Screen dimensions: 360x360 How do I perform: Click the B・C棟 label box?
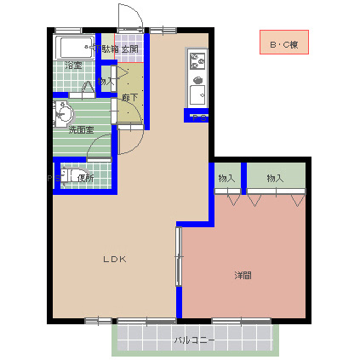[x=283, y=43]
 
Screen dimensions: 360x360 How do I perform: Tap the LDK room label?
[x=115, y=259]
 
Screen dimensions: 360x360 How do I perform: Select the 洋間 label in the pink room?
[x=243, y=275]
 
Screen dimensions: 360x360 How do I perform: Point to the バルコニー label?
[x=195, y=340]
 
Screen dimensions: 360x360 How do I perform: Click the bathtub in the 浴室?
[x=76, y=47]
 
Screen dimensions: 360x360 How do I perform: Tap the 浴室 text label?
[x=73, y=66]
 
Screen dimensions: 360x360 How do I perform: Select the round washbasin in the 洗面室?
[x=63, y=112]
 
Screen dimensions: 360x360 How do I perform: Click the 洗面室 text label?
[x=81, y=130]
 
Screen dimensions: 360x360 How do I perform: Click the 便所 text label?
[x=85, y=178]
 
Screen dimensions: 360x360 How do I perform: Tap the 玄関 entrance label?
[x=129, y=49]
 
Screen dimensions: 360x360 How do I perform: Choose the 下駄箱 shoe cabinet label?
[x=108, y=49]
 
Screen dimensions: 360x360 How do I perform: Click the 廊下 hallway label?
[x=129, y=98]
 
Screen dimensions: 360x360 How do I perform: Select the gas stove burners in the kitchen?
[x=197, y=61]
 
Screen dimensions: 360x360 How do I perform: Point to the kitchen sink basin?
[x=197, y=91]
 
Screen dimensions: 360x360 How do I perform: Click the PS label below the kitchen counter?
[x=197, y=115]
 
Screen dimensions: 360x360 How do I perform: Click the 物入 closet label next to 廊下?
[x=106, y=81]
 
